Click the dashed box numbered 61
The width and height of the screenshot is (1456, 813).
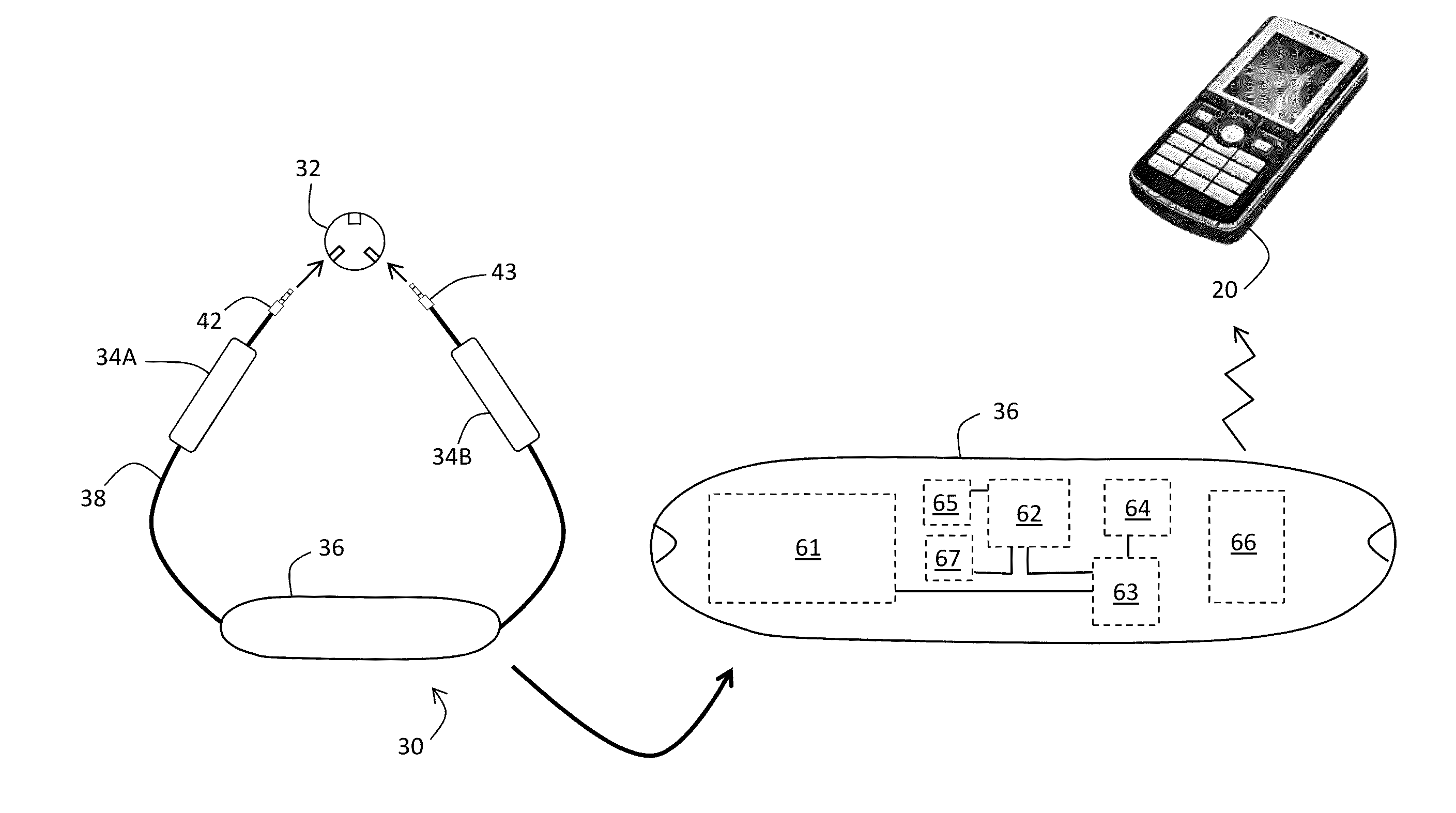802,548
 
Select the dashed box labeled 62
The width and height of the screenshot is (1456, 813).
1028,513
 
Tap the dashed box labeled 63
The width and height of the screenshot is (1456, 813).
1125,591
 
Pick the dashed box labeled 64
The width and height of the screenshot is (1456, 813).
1137,507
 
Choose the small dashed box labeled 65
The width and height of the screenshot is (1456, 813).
946,502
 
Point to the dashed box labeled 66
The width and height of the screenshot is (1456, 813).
1246,546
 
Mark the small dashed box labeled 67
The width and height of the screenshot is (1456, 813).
948,558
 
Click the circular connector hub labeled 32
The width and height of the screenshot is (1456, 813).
355,241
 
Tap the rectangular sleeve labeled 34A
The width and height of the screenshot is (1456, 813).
212,395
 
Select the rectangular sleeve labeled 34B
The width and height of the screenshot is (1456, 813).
495,394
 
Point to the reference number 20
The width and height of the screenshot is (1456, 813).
1224,290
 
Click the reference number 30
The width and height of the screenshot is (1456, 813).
410,747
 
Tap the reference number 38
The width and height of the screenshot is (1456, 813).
93,499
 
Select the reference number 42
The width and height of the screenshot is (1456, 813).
209,321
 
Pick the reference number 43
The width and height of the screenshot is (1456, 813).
503,272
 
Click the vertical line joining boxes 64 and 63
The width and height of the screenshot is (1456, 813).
1128,546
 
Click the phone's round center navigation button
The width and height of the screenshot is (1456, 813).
1232,133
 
